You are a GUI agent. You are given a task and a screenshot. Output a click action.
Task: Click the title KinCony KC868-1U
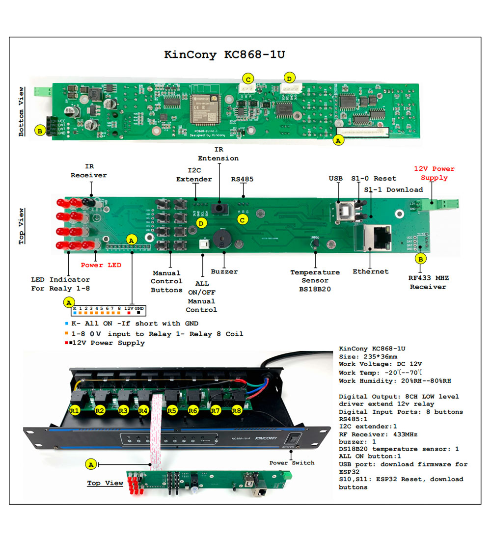tap(224, 54)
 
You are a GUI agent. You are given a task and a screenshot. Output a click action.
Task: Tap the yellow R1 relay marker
tap(75, 410)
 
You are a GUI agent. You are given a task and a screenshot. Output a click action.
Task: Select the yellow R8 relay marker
tap(237, 410)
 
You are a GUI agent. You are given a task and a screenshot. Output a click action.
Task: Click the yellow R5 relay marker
tap(171, 410)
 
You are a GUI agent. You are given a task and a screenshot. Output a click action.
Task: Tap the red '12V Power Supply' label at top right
tap(434, 173)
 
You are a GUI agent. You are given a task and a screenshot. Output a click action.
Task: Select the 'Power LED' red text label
tap(99, 265)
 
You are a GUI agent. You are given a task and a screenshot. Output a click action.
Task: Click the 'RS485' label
tap(242, 179)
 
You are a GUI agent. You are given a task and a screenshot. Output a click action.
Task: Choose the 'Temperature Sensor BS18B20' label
tap(315, 280)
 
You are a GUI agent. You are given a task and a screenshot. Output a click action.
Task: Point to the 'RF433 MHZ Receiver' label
tap(428, 282)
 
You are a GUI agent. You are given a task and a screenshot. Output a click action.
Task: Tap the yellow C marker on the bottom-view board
tap(248, 79)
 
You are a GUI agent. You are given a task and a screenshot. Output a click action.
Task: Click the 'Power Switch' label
tap(292, 462)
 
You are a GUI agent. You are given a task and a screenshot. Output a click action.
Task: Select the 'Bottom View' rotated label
tap(21, 111)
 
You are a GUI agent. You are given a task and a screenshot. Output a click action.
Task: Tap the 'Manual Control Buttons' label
tap(166, 281)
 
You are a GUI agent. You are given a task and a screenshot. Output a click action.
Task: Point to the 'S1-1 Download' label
tap(393, 189)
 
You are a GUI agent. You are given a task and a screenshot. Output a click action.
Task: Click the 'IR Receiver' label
tap(88, 171)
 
